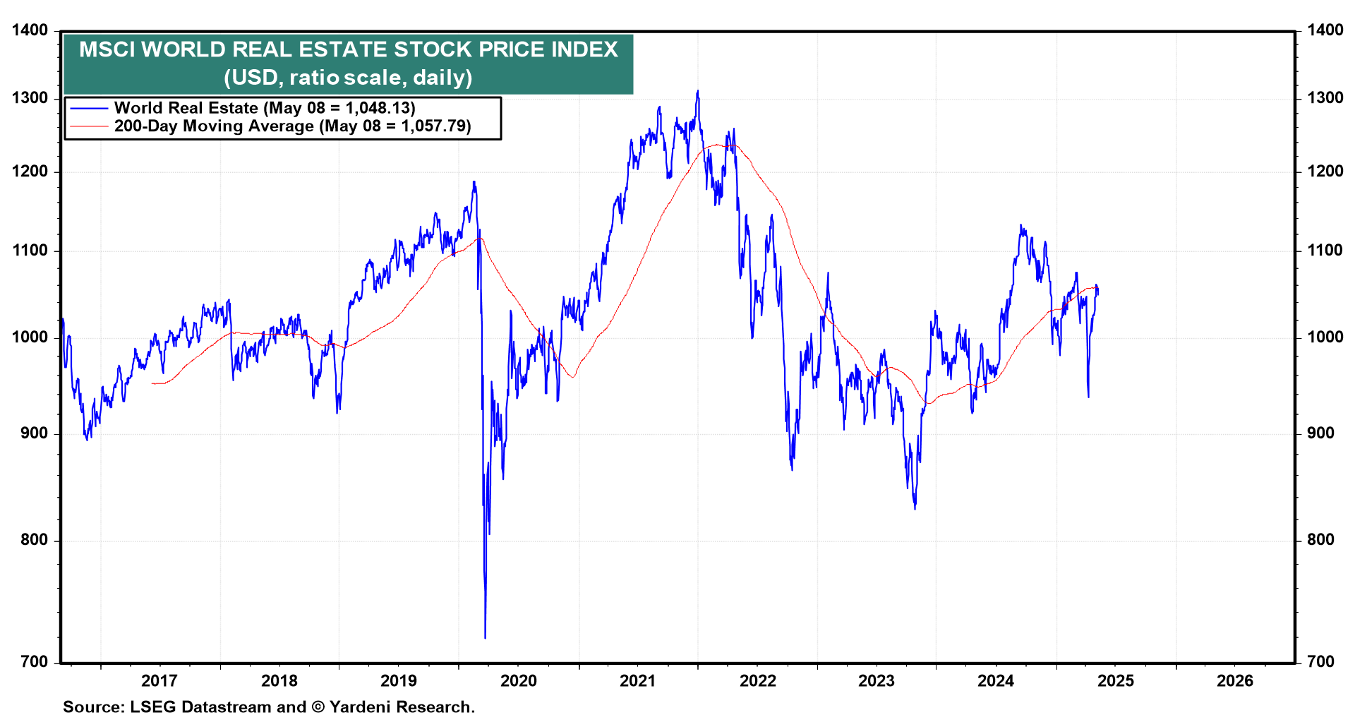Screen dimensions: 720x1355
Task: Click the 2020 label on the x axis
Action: (x=518, y=680)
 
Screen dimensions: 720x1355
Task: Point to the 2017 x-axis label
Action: (x=159, y=680)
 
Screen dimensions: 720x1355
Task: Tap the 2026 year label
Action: (x=1235, y=680)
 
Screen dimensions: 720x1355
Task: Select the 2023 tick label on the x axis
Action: (x=876, y=680)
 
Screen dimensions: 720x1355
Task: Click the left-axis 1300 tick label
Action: (x=30, y=98)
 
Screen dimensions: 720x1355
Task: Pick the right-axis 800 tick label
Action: (x=1320, y=540)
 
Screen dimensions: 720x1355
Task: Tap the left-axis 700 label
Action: (x=34, y=662)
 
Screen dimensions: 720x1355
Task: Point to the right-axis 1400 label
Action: (x=1325, y=30)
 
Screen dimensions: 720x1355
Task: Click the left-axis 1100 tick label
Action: (x=30, y=251)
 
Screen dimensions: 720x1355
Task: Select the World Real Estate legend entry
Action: (x=265, y=108)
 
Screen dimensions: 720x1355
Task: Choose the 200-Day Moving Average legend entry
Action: (x=292, y=126)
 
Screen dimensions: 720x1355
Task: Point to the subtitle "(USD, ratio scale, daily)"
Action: (x=348, y=77)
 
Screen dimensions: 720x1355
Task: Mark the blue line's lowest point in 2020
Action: (x=485, y=638)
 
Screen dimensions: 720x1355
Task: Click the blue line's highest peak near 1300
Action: (x=697, y=91)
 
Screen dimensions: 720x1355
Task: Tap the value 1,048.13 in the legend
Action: (x=378, y=108)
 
